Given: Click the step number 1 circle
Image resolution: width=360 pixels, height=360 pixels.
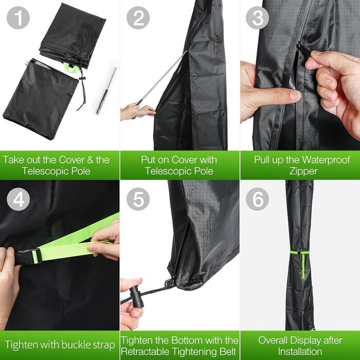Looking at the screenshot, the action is (x=18, y=17).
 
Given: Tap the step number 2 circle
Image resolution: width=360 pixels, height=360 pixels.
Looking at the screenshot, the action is (x=138, y=17).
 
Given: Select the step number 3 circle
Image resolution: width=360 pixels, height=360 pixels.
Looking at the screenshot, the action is (x=257, y=17).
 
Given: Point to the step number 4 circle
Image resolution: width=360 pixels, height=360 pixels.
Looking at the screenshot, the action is (x=18, y=200).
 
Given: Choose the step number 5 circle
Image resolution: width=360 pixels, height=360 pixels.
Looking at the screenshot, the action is (x=138, y=200).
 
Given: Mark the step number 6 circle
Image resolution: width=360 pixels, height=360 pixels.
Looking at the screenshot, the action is (x=257, y=200).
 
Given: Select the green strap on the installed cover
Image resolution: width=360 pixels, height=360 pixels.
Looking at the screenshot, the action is (x=300, y=262).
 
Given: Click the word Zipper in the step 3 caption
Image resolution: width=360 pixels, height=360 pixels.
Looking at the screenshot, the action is (x=303, y=171).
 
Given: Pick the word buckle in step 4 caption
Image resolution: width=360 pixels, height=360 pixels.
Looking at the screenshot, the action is (x=75, y=345).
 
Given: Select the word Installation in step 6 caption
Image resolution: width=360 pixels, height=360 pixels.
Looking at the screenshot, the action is (x=300, y=351).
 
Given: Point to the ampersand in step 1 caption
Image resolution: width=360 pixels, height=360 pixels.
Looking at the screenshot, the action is (x=90, y=160).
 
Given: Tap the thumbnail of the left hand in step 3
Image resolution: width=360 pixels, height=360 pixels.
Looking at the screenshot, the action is (x=296, y=95).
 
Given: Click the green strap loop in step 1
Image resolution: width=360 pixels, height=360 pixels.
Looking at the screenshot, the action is (x=71, y=67).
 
